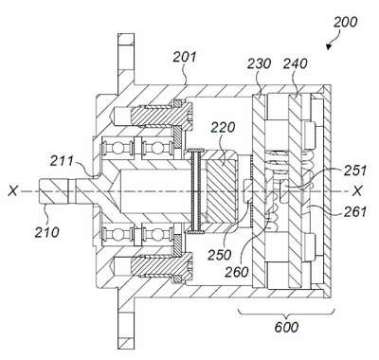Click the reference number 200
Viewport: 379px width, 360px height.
tap(346, 23)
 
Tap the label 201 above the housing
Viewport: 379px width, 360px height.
tap(185, 58)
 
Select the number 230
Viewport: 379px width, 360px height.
tap(259, 63)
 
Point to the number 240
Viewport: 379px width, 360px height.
tap(295, 63)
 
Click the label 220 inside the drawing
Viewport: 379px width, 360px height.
tap(223, 127)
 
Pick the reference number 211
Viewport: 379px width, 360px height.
tap(62, 161)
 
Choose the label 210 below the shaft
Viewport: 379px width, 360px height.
tap(46, 232)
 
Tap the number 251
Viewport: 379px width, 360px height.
tap(355, 171)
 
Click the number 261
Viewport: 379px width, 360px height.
tap(355, 211)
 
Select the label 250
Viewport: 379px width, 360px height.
tap(220, 255)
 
